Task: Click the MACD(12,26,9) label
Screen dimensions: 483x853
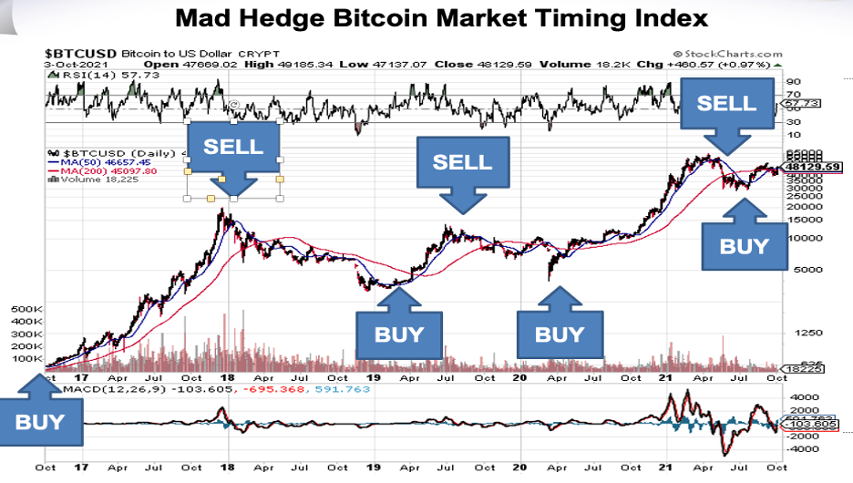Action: [102, 389]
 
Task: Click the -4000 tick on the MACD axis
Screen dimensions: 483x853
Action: [799, 447]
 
